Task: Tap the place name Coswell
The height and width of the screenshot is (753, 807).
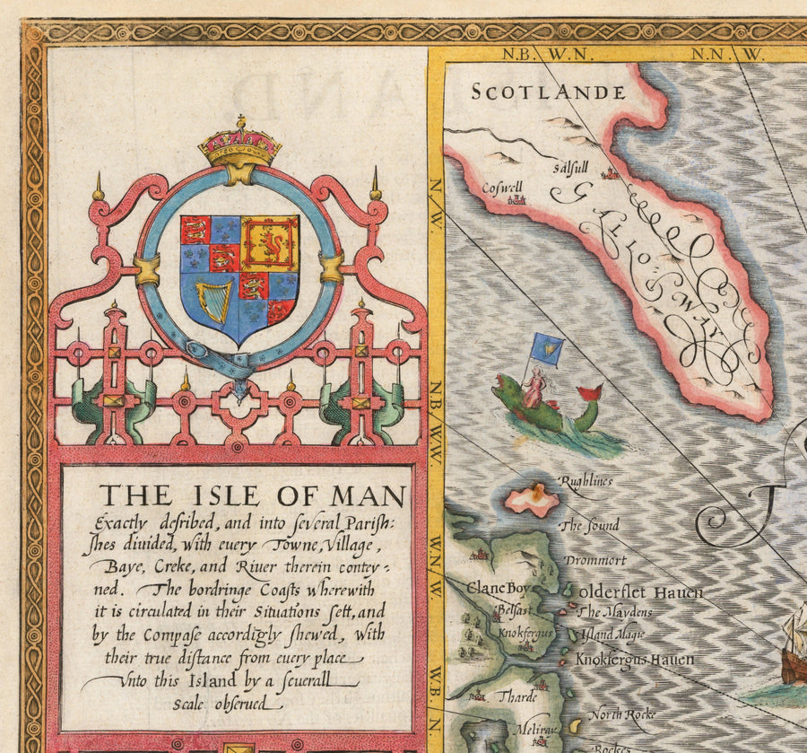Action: click(x=500, y=188)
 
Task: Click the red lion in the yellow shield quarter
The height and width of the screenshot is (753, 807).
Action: click(x=270, y=243)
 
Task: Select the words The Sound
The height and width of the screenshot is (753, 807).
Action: click(x=588, y=526)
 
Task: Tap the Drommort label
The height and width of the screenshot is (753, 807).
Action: click(x=594, y=560)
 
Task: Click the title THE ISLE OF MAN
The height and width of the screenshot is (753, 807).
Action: click(x=252, y=495)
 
